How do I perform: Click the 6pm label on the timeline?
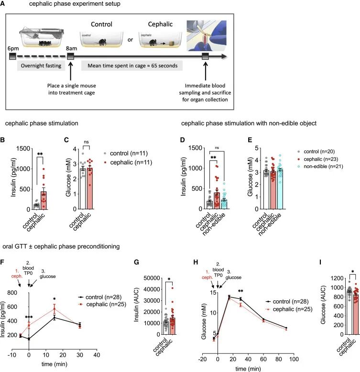tap(13, 49)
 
